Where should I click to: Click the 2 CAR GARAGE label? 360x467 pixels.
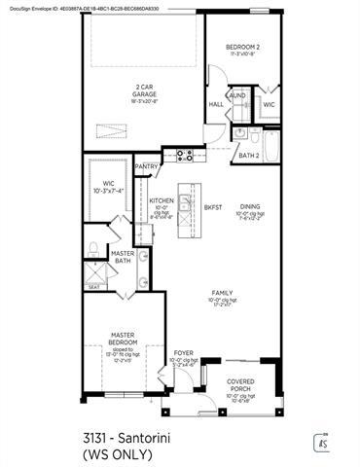click(x=143, y=90)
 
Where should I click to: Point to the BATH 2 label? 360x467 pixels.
click(x=248, y=155)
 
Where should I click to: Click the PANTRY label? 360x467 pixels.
click(x=147, y=166)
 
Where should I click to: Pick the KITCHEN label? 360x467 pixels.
click(x=162, y=200)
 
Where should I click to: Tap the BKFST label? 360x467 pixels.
click(x=213, y=207)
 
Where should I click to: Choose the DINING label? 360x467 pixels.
click(x=251, y=206)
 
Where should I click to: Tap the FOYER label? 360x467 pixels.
click(x=183, y=353)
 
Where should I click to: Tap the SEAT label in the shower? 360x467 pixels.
click(x=94, y=287)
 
